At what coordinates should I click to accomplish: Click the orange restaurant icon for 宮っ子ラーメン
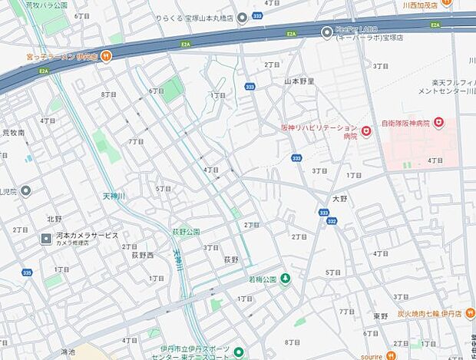click(x=107, y=55)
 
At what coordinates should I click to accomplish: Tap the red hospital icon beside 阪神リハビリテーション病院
click(x=367, y=132)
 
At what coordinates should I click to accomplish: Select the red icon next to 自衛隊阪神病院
click(x=438, y=122)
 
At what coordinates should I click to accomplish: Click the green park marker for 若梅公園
click(x=286, y=278)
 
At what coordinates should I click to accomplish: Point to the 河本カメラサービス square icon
click(x=46, y=239)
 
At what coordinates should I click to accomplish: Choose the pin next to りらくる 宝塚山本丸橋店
click(x=242, y=18)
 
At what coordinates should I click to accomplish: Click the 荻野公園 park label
click(x=185, y=231)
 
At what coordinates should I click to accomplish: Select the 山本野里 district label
click(x=299, y=80)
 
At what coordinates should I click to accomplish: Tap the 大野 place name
click(x=339, y=198)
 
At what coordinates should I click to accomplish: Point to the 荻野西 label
click(x=142, y=256)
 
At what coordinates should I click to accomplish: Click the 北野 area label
click(x=54, y=219)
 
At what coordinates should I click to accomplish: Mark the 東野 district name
click(x=381, y=315)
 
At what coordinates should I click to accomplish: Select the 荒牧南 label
click(x=14, y=133)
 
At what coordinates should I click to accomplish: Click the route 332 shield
click(x=332, y=221)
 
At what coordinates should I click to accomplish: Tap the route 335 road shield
click(x=27, y=272)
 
